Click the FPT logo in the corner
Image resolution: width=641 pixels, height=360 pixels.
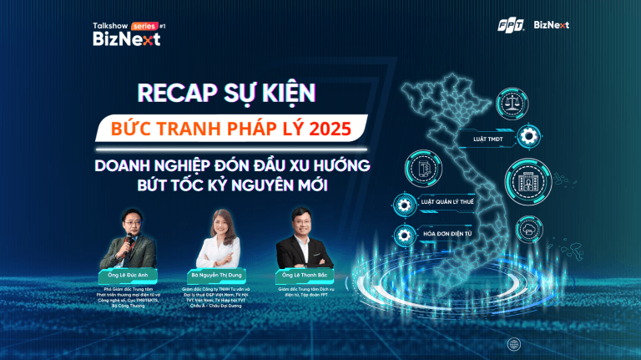pyautogui.click(x=509, y=25)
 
